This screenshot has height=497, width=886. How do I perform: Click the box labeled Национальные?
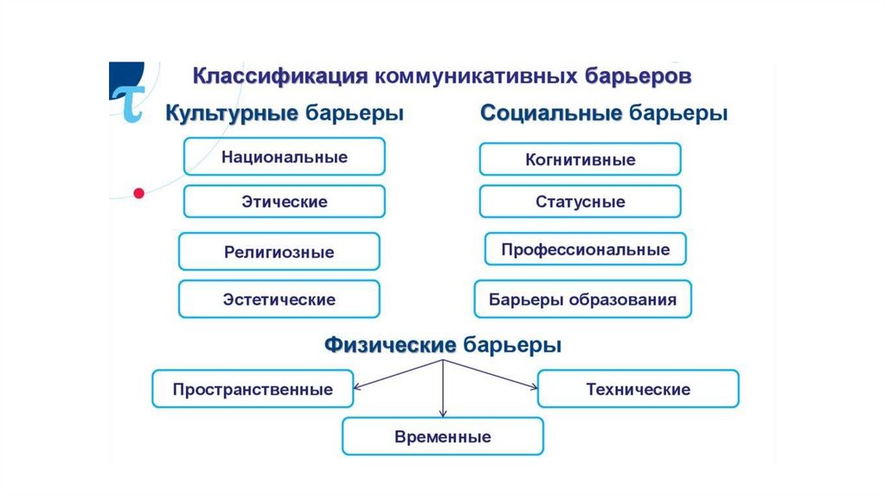(284, 158)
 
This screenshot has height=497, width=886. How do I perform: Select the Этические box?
(284, 202)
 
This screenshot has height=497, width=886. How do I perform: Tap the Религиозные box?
(279, 252)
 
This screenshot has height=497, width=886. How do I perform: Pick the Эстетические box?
(279, 300)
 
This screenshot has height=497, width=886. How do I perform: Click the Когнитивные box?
(580, 159)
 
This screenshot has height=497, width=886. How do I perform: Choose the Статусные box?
(580, 202)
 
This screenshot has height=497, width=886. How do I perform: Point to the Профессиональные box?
(585, 249)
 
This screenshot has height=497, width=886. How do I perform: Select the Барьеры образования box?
(582, 300)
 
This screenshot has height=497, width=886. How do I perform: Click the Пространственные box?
(253, 389)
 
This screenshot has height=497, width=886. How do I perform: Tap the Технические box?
(638, 389)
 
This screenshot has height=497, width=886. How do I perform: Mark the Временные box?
(442, 436)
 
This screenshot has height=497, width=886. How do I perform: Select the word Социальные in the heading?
(551, 114)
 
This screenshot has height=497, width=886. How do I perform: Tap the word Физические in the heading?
(390, 345)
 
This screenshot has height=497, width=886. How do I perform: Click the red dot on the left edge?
(137, 193)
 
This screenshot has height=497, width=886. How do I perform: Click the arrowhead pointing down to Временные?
(443, 413)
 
